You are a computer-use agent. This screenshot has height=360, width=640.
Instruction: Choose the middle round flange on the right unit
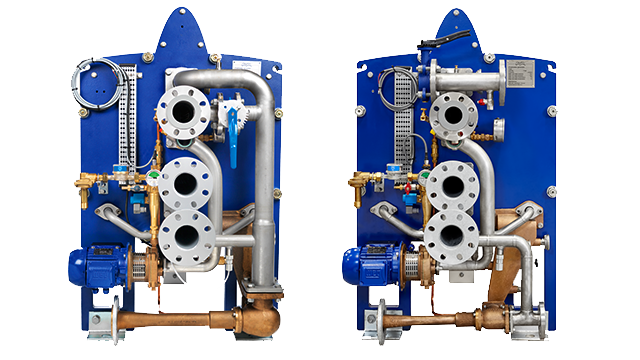pyautogui.click(x=453, y=186)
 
